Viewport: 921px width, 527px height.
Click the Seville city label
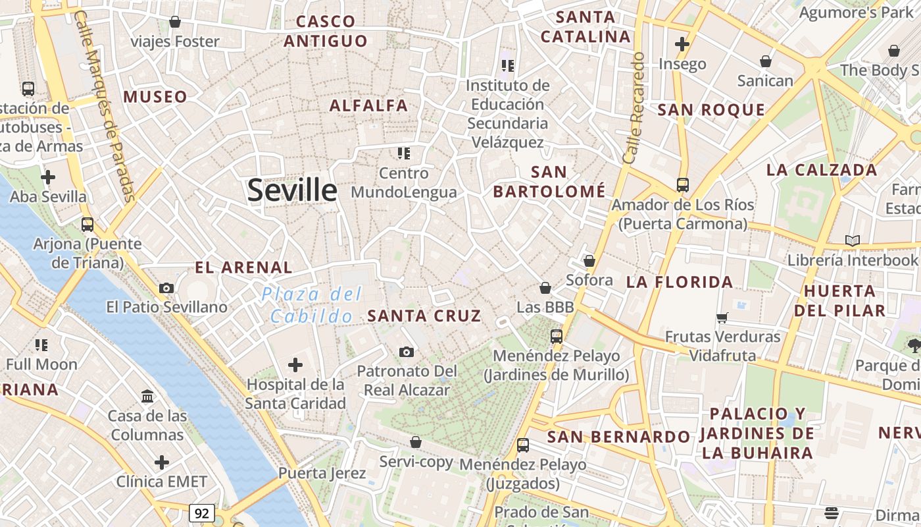tap(292, 190)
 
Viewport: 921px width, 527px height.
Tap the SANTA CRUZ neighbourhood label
tap(424, 316)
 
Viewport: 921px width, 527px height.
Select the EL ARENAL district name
tap(243, 267)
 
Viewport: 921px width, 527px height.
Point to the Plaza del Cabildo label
tap(312, 305)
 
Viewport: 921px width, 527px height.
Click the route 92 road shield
tap(201, 512)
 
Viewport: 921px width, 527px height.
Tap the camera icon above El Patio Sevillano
tap(166, 288)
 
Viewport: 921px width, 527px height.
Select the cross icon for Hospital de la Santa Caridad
tap(295, 364)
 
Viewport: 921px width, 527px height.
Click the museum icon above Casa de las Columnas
tap(147, 397)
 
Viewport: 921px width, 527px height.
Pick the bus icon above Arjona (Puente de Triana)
tap(87, 225)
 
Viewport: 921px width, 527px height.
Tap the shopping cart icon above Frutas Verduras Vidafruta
tap(722, 318)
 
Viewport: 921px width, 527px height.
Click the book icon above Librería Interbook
tap(853, 240)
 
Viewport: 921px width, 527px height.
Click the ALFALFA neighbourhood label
tap(368, 105)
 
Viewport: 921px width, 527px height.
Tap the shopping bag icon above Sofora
tap(589, 261)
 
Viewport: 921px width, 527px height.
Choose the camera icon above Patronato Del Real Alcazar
tap(407, 352)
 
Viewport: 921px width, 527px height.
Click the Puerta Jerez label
tap(322, 472)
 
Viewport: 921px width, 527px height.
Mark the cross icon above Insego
tap(682, 44)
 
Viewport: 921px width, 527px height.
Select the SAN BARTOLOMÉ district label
tap(549, 182)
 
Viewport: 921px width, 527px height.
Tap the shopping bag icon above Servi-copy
tap(415, 442)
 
